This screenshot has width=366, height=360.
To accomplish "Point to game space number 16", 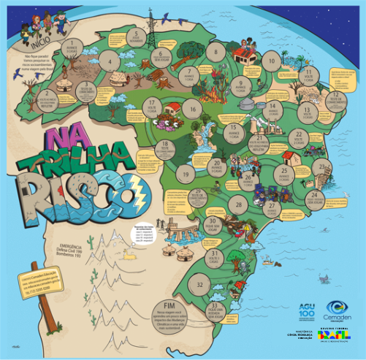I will pyautogui.click(x=192, y=110).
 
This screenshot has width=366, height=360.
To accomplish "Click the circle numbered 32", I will pyautogui.click(x=200, y=283).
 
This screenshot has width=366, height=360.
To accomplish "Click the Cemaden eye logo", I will pyautogui.click(x=338, y=307).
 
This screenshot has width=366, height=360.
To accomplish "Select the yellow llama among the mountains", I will pyautogui.click(x=131, y=254).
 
